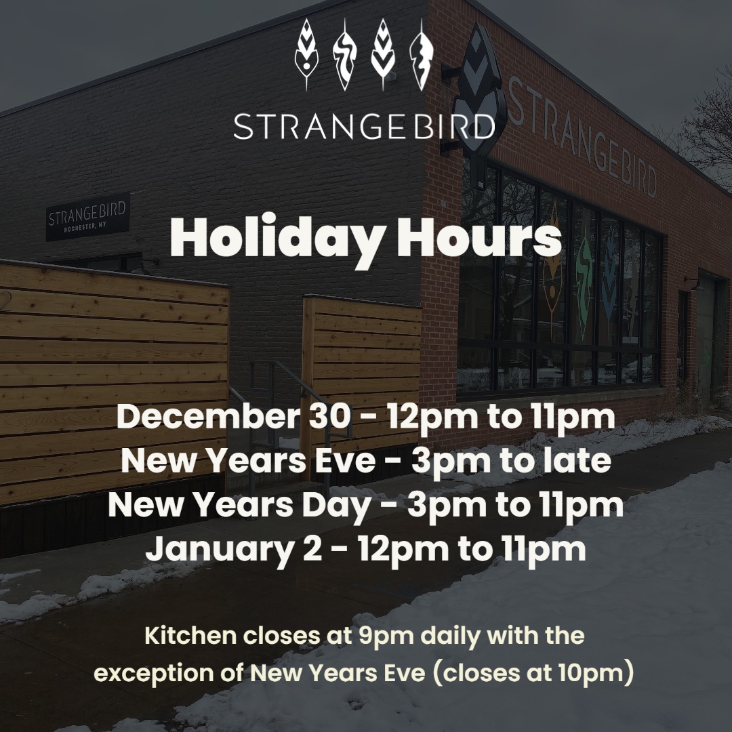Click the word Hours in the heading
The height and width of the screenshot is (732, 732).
coord(479,237)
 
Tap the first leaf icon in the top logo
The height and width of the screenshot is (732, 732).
coord(307,54)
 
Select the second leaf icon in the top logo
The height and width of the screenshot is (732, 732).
coord(345,54)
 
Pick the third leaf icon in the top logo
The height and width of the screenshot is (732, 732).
coord(383,54)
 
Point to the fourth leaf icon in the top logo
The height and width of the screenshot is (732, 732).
coord(422,54)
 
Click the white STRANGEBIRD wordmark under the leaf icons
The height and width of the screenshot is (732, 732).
coord(364,126)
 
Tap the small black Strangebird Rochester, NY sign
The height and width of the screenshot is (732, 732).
coord(87,217)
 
